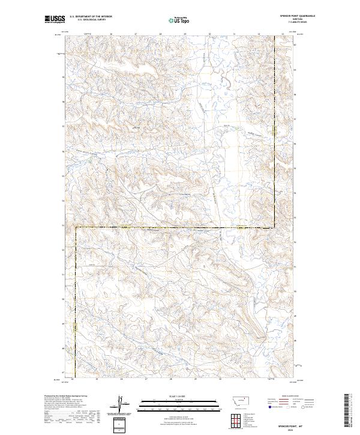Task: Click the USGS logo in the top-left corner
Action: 55,20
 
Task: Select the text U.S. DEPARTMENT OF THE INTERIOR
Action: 91,17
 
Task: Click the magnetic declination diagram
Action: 120,404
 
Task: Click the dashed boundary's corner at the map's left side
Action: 76,227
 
